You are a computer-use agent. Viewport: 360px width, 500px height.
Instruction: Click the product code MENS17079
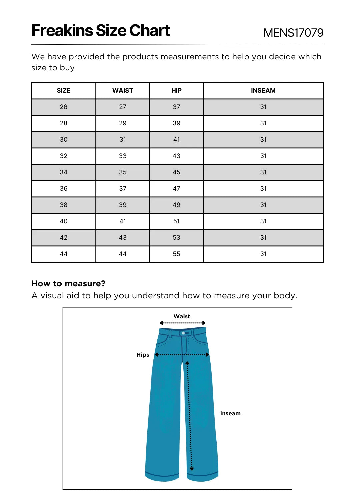pos(293,33)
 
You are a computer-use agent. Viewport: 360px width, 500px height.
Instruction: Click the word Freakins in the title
pos(62,31)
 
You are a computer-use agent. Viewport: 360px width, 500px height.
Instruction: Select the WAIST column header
pos(123,91)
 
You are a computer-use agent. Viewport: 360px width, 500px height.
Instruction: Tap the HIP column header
pos(176,91)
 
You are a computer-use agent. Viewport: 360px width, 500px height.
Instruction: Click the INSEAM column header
pos(263,91)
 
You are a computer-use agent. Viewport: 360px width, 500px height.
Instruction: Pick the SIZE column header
pos(63,91)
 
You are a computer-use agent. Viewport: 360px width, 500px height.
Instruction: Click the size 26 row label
pos(63,107)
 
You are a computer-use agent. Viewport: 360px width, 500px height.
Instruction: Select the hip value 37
pos(176,107)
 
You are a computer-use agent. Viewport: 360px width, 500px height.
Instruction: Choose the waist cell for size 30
pos(123,140)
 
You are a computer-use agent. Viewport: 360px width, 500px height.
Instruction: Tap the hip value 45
pos(176,172)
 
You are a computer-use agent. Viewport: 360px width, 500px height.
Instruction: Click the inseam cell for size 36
pos(263,189)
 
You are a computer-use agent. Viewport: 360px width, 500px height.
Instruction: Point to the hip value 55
pos(176,254)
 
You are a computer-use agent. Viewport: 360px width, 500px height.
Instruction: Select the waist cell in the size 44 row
pos(123,254)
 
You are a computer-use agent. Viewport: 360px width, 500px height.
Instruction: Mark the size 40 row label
pos(63,221)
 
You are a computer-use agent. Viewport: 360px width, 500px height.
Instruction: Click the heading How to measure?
pos(68,284)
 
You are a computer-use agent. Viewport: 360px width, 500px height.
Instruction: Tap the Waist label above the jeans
pos(182,316)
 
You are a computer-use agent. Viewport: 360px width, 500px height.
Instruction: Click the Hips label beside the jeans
pos(143,355)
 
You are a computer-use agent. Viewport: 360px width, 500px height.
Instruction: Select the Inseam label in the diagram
pos(230,413)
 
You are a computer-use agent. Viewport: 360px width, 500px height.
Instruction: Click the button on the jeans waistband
pos(183,333)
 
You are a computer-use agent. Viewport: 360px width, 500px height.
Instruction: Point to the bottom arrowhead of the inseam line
pos(192,469)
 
